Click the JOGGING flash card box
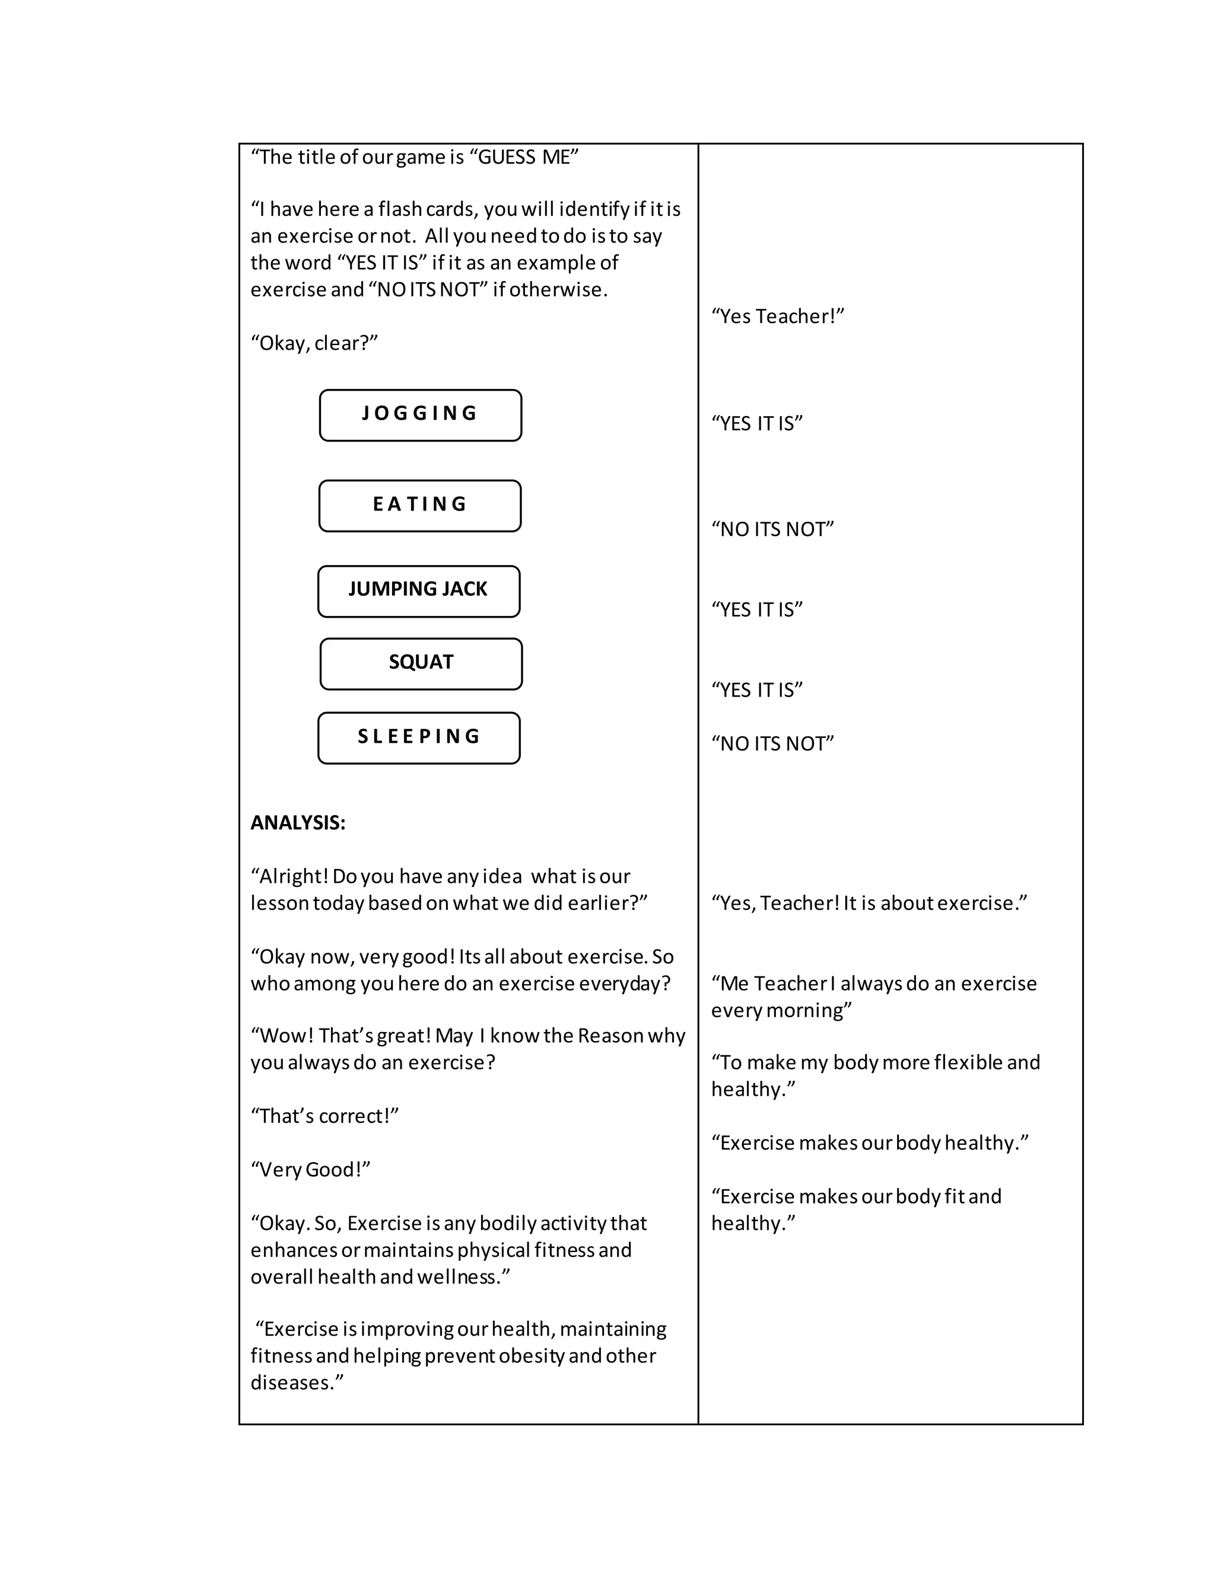421,415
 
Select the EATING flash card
419,506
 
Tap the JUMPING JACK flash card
418,590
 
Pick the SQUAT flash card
421,663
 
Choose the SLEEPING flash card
419,737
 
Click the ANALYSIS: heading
297,823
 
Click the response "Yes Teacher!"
777,317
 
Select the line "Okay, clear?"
314,343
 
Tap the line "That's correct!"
324,1116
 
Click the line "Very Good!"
310,1170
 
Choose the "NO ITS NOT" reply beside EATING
772,529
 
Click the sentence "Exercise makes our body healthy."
870,1143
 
